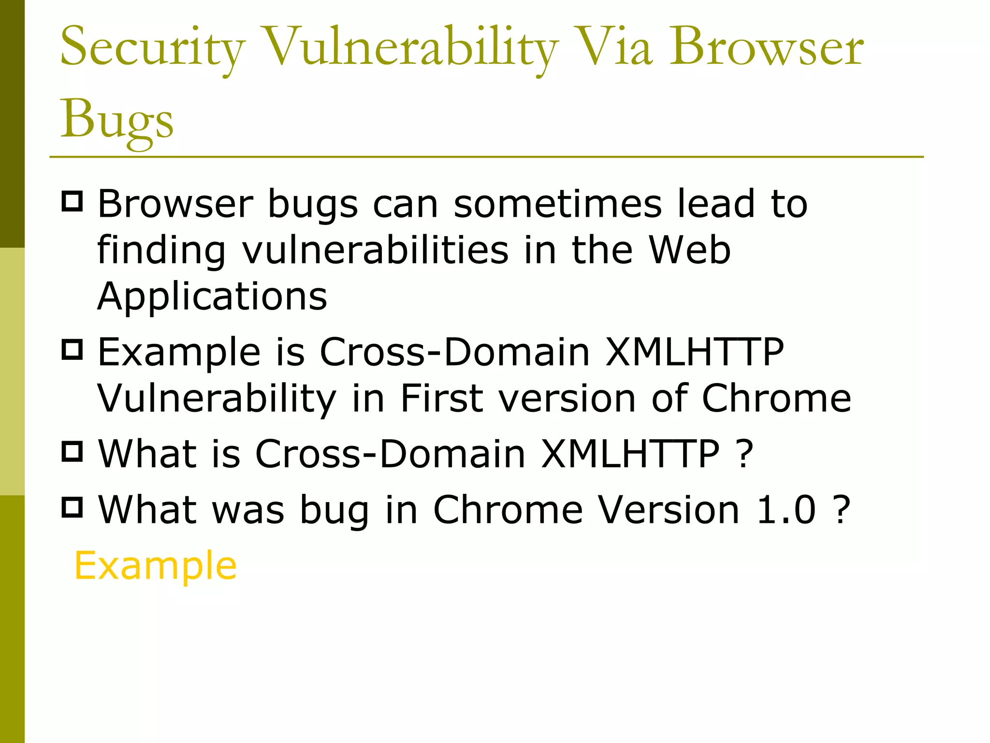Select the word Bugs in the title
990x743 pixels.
pos(116,119)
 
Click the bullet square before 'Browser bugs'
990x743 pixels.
pos(73,201)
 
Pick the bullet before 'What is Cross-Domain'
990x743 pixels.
pos(73,451)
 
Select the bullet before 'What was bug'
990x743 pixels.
pos(73,507)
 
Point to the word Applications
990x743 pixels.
pos(212,296)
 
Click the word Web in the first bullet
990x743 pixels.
pos(689,250)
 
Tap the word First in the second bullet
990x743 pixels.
pos(442,399)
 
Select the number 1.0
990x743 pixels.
pos(786,510)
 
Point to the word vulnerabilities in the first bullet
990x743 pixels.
pos(375,250)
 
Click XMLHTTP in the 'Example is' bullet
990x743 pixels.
pos(694,352)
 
